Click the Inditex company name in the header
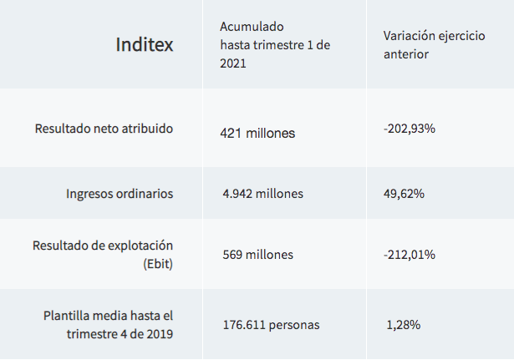145,44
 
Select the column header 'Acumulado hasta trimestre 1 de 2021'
275,44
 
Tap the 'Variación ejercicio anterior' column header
433,44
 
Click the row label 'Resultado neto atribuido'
104,129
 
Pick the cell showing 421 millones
257,133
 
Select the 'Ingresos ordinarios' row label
120,193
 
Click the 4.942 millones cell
263,194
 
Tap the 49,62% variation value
404,194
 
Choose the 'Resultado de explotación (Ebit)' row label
103,254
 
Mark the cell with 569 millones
258,255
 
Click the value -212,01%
410,255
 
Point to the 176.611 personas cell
271,324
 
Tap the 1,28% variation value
403,324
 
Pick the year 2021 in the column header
233,63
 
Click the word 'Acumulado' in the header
248,26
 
